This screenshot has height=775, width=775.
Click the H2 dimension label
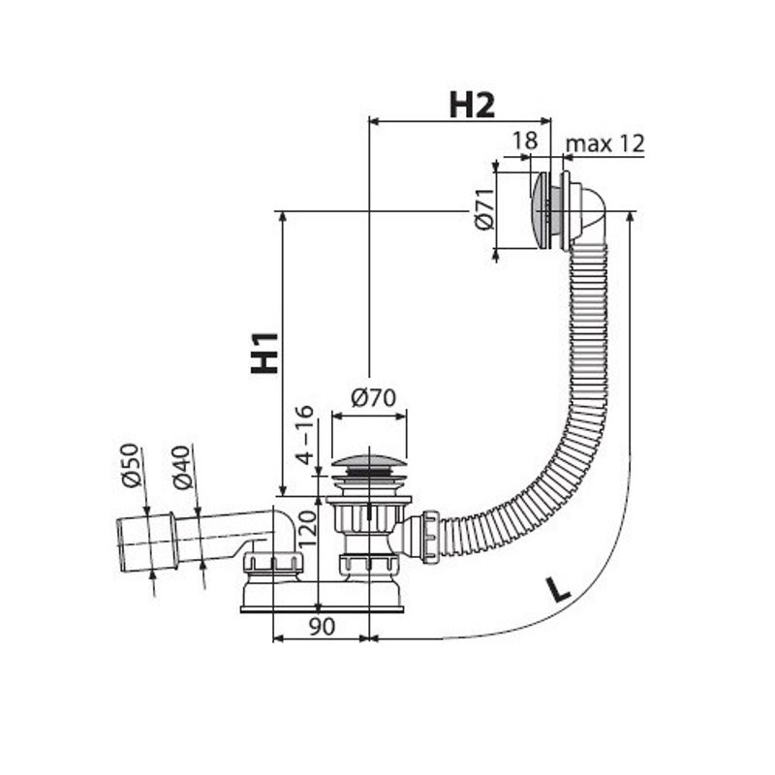(x=472, y=105)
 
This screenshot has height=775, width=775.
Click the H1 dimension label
(x=264, y=353)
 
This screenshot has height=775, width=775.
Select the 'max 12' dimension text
(x=604, y=143)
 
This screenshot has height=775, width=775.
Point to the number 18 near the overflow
(x=524, y=140)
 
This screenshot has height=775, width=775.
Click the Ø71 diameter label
(x=485, y=209)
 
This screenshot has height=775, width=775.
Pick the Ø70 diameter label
(x=374, y=397)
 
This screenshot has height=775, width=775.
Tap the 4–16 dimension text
(x=305, y=435)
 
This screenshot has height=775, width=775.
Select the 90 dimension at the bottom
(x=322, y=627)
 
